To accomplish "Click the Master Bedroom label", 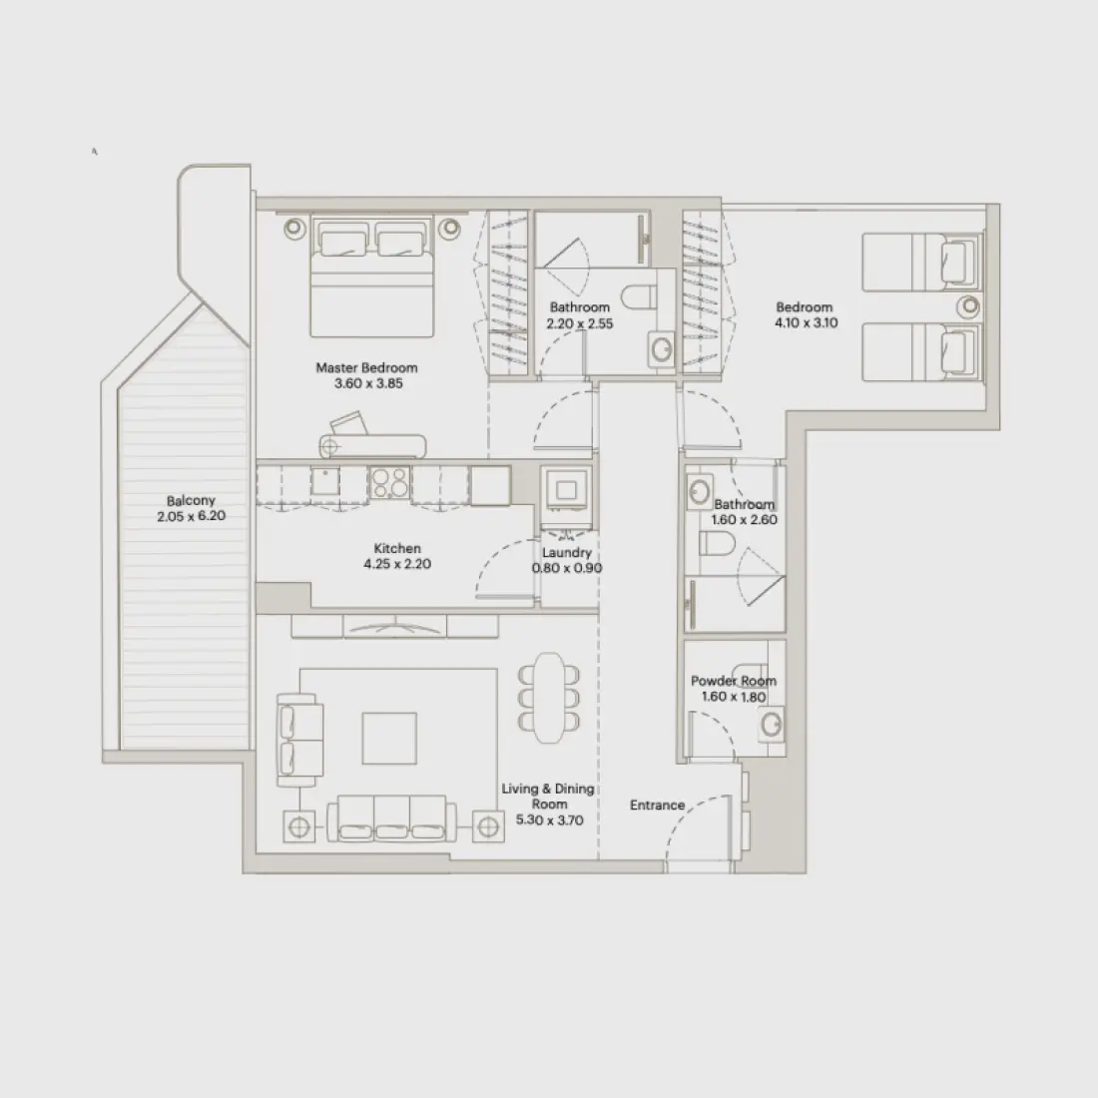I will pyautogui.click(x=366, y=368).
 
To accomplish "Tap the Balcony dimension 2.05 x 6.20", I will pyautogui.click(x=191, y=517).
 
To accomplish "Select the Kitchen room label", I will pyautogui.click(x=397, y=548).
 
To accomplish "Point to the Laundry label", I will pyautogui.click(x=566, y=552).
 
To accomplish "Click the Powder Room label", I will pyautogui.click(x=734, y=682).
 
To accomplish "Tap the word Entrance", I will pyautogui.click(x=657, y=805).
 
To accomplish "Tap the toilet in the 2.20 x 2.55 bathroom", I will pyautogui.click(x=636, y=297).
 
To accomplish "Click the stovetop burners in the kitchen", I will pyautogui.click(x=389, y=484).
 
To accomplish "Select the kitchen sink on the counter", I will pyautogui.click(x=324, y=481).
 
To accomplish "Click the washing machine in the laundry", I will pyautogui.click(x=566, y=489).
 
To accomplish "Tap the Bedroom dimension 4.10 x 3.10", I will pyautogui.click(x=806, y=322).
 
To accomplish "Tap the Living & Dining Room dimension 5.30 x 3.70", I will pyautogui.click(x=549, y=820).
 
